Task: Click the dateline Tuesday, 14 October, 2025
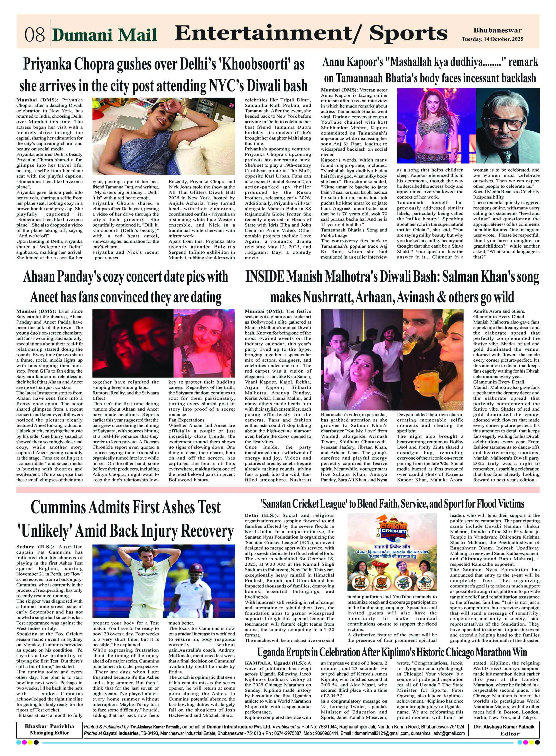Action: click(492, 39)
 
